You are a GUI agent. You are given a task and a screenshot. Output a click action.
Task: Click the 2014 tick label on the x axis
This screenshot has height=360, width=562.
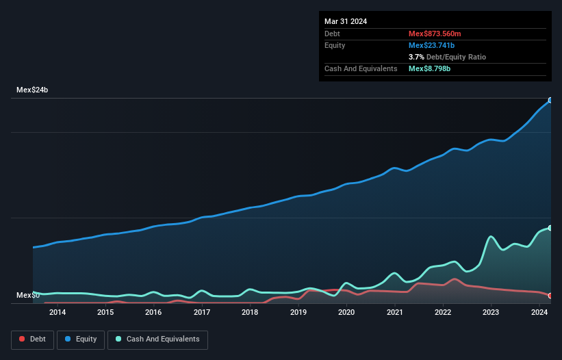[x=58, y=313]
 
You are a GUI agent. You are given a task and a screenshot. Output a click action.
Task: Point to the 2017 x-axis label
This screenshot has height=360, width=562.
[x=202, y=313]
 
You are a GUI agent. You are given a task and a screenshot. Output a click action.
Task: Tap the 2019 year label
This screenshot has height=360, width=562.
[x=298, y=313]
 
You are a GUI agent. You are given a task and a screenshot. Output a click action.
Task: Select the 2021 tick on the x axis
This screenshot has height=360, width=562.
[x=395, y=313]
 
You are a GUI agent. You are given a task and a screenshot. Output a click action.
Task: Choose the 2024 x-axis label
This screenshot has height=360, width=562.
[x=539, y=313]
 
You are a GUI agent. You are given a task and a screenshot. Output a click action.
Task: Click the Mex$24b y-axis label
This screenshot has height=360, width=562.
[x=33, y=90]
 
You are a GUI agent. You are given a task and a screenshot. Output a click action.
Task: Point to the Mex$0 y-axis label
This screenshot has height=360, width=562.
[x=29, y=296]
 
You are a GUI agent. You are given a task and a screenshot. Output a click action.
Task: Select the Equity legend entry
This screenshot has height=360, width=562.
[x=81, y=339]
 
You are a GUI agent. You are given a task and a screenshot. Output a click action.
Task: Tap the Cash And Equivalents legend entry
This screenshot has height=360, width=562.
[x=157, y=339]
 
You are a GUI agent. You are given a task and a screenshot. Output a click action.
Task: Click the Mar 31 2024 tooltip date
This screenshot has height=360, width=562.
[x=346, y=21]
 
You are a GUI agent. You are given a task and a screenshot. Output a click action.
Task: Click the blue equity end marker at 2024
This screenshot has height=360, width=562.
[x=550, y=100]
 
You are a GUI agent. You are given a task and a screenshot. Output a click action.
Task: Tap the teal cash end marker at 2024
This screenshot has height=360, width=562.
[x=550, y=228]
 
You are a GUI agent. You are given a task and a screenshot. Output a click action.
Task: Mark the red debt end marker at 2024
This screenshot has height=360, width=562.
[x=550, y=296]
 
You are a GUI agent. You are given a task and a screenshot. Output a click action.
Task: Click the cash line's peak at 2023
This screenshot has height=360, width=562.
[x=491, y=237]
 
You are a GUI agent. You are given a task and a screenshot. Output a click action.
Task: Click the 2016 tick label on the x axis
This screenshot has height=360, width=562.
[x=153, y=313]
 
